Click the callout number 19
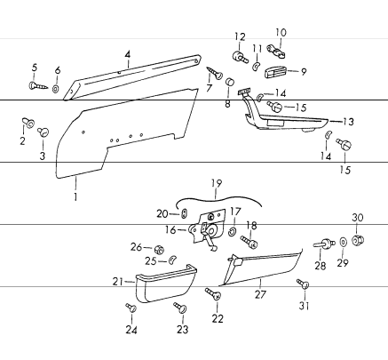pos(216,183)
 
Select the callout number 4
pos(128,54)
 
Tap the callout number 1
pos(76,197)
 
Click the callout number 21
pos(117,281)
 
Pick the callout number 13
pos(348,121)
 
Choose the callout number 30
pos(358,218)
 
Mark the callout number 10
pos(282,34)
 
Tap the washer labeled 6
pos(56,89)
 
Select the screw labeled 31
pos(303,284)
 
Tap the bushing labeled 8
pos(229,84)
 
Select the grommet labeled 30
pos(359,240)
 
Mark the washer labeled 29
pos(342,242)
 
